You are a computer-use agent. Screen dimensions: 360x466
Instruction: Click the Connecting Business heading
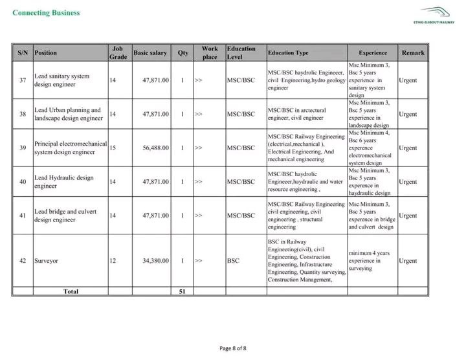(x=47, y=12)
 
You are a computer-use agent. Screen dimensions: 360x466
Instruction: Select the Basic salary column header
(x=150, y=52)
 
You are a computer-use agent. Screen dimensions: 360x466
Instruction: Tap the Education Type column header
(x=288, y=52)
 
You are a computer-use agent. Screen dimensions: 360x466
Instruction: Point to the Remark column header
(x=413, y=52)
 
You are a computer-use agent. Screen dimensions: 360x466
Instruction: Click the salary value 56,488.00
(x=156, y=148)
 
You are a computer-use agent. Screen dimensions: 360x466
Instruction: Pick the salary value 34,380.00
(x=156, y=260)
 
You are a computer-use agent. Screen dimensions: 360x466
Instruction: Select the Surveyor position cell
(x=47, y=260)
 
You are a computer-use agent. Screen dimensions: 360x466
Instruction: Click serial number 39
(x=23, y=148)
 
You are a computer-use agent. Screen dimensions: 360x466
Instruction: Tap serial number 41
(x=23, y=215)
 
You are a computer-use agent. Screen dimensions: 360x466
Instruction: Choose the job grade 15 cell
(x=113, y=148)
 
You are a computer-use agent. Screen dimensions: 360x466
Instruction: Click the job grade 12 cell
(x=113, y=260)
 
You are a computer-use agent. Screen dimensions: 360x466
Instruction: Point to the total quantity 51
(x=183, y=291)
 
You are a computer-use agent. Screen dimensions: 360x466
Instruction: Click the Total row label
(x=71, y=291)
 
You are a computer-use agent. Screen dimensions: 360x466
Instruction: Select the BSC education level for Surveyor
(x=234, y=260)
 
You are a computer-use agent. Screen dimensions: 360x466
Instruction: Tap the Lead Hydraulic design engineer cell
(x=64, y=181)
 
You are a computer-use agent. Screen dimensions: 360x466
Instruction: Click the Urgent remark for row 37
(x=408, y=80)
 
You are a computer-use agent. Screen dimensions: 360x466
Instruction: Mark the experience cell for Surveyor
(x=369, y=260)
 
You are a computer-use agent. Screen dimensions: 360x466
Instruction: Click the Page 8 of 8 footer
(x=233, y=348)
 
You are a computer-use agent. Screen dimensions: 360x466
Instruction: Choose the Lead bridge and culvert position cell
(x=64, y=215)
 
